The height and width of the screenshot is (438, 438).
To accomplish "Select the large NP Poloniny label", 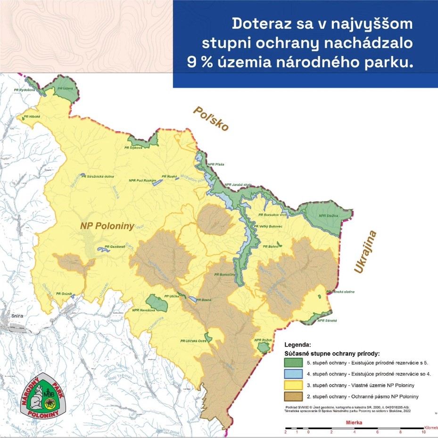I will click(x=107, y=225).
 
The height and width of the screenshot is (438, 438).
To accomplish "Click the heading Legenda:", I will click(x=298, y=345).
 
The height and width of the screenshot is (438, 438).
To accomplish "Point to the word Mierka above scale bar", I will click(x=354, y=423).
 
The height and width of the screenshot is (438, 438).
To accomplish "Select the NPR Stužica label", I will click(x=329, y=215).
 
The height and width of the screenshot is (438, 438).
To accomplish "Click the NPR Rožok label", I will click(x=264, y=340).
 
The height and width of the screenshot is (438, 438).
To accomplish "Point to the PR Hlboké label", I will click(x=32, y=116).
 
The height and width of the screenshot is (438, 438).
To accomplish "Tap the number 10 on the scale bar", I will click(x=423, y=432).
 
